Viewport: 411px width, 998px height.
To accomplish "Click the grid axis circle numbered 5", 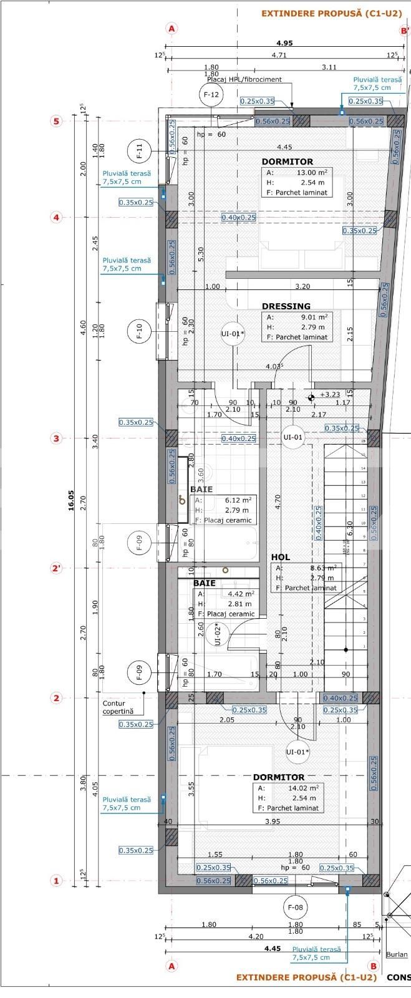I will pyautogui.click(x=56, y=121).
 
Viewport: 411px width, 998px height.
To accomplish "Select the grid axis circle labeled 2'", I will pyautogui.click(x=57, y=568).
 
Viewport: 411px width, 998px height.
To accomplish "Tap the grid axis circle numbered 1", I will pyautogui.click(x=56, y=881).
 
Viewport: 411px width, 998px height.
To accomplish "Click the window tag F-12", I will pyautogui.click(x=210, y=95).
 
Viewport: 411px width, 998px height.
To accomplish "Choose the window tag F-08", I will pyautogui.click(x=296, y=907).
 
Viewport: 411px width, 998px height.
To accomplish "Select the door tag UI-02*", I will pyautogui.click(x=218, y=634).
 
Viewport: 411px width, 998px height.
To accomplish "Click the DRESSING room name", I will pyautogui.click(x=286, y=306).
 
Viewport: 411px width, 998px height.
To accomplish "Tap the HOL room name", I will pyautogui.click(x=281, y=557).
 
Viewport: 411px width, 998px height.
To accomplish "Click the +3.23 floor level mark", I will pyautogui.click(x=330, y=395).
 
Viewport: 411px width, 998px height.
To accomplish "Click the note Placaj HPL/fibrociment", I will pyautogui.click(x=244, y=79).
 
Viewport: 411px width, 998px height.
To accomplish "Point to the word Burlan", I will pyautogui.click(x=397, y=954).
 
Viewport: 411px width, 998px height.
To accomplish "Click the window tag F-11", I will pyautogui.click(x=140, y=151).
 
